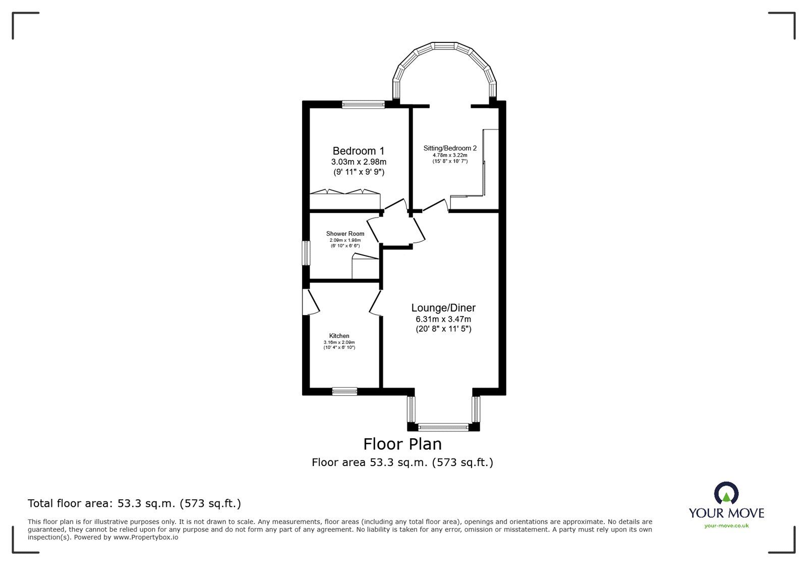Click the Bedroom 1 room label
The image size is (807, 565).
(358, 151)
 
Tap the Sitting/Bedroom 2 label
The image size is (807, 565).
(449, 148)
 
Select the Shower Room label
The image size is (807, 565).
(345, 234)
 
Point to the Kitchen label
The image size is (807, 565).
(339, 336)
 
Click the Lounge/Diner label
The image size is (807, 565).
(443, 308)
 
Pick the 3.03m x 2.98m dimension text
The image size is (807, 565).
(358, 162)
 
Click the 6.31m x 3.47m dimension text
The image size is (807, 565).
(443, 319)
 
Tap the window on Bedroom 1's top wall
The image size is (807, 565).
(363, 105)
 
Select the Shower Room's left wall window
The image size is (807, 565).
(306, 252)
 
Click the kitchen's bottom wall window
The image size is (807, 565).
(344, 391)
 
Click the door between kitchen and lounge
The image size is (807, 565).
(376, 303)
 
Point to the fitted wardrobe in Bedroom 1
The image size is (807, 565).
(344, 199)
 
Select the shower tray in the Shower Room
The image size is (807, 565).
(365, 267)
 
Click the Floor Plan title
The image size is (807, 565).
(402, 444)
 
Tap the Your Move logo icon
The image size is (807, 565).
(726, 493)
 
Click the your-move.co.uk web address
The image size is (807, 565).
(726, 526)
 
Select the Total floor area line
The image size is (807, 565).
(134, 503)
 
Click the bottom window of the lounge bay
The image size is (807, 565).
(443, 427)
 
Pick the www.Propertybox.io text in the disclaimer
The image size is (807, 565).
(146, 537)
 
